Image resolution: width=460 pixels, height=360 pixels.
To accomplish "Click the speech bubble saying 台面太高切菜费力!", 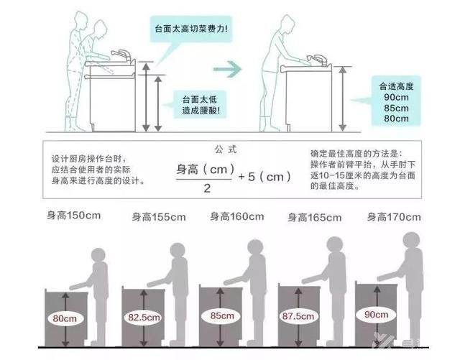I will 191,29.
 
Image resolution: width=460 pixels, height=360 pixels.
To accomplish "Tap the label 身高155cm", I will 159,216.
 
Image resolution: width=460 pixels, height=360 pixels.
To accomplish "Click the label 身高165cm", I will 316,216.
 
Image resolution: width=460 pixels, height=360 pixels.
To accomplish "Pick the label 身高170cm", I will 395,216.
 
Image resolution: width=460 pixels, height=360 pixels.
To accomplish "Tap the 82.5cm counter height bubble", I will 143,316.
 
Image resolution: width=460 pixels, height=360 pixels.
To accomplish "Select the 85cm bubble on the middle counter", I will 221,315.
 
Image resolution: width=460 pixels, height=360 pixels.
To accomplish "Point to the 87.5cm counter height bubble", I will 299,315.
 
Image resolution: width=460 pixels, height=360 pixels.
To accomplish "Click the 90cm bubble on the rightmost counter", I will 377,314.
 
